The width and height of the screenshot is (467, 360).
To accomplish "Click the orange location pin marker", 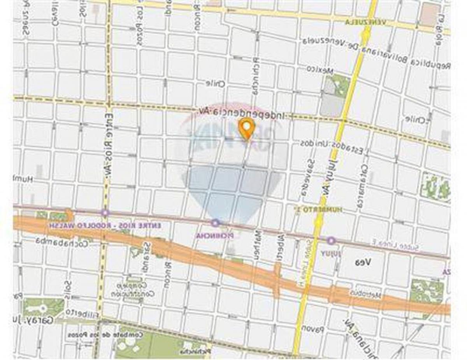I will (246, 128).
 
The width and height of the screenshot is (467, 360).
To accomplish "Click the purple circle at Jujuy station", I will (331, 241).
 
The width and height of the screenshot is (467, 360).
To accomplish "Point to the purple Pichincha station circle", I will (215, 223).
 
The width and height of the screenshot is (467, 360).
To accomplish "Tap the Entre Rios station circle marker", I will (105, 213).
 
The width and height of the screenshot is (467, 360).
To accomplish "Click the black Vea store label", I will (362, 263).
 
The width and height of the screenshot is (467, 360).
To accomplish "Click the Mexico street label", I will (320, 70).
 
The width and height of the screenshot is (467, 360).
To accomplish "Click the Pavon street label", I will (314, 329).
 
